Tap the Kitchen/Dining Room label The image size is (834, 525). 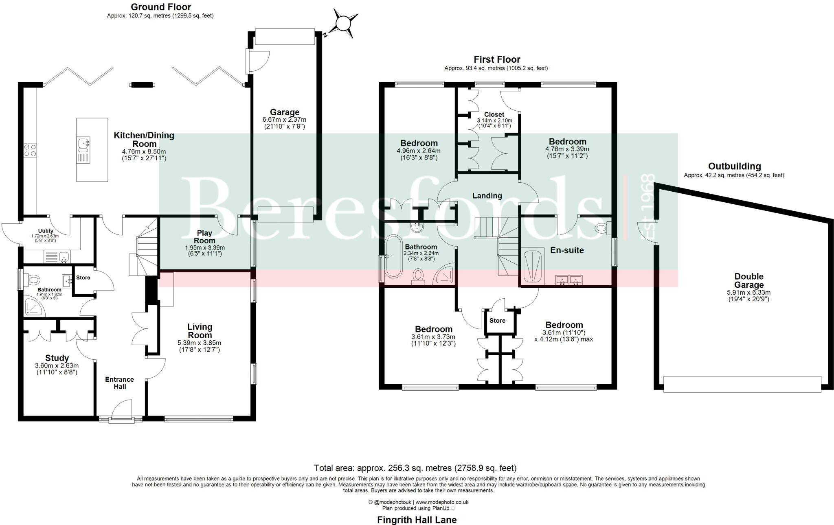tap(144, 140)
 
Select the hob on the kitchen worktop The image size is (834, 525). tap(30, 150)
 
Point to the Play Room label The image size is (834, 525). tap(204, 236)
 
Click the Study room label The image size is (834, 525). tap(57, 358)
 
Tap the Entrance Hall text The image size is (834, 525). tap(119, 383)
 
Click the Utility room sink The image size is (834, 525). tap(63, 257)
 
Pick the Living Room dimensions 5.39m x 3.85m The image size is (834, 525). tap(200, 343)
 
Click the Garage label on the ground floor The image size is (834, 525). tap(285, 112)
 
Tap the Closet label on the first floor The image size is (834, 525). tap(494, 115)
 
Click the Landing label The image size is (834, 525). tap(487, 196)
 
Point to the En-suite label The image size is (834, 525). tap(567, 250)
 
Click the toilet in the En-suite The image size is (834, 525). tap(602, 228)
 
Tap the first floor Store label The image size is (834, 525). tap(497, 321)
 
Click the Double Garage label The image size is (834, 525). tap(748, 281)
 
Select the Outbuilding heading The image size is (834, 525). tap(734, 166)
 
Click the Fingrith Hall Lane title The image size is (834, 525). tap(417, 520)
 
